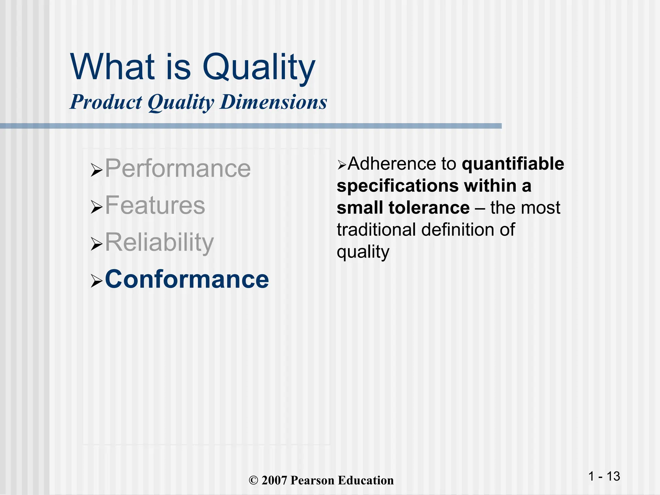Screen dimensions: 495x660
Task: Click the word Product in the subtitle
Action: pos(106,102)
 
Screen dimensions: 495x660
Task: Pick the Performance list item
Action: pos(178,168)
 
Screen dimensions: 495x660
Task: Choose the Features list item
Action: pos(155,205)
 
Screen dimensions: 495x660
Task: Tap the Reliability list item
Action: pos(159,242)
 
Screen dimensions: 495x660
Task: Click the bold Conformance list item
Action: pos(187,279)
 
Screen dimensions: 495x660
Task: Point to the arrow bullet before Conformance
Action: pos(96,281)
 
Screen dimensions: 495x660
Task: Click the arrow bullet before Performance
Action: pos(96,170)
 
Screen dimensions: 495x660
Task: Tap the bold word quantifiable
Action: pos(513,164)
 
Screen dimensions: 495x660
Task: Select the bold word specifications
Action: pos(398,186)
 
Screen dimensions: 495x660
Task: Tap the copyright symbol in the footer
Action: pos(254,480)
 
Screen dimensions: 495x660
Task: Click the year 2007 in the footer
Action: pos(274,480)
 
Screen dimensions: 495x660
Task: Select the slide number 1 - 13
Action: pos(604,476)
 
